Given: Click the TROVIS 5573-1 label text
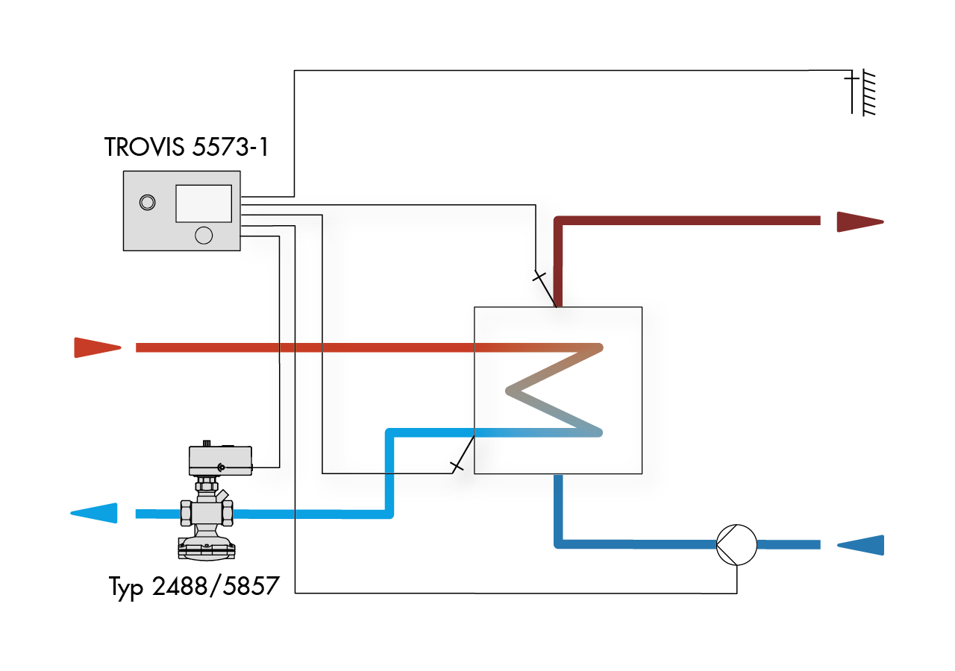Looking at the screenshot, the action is (187, 147).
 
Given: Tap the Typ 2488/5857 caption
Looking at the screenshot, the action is (194, 587).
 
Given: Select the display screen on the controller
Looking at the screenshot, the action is (204, 204).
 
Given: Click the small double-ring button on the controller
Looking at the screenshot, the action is (148, 202).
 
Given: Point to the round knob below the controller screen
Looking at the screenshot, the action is (204, 235).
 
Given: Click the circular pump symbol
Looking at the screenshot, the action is (736, 545).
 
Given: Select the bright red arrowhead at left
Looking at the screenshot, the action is (98, 347).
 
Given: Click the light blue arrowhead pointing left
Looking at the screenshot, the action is (94, 514).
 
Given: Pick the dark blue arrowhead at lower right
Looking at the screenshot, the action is (860, 545).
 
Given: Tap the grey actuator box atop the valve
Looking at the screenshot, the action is (220, 460).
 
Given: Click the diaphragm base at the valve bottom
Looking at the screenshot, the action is (207, 549).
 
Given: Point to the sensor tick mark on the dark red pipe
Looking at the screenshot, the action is (539, 277).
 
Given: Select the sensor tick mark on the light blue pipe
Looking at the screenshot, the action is (457, 466).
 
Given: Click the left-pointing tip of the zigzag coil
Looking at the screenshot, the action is (507, 391).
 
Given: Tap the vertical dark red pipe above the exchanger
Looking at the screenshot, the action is (557, 264).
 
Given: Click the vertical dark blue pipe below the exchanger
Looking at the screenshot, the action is (558, 509).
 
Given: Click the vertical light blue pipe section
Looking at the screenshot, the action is (389, 473).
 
